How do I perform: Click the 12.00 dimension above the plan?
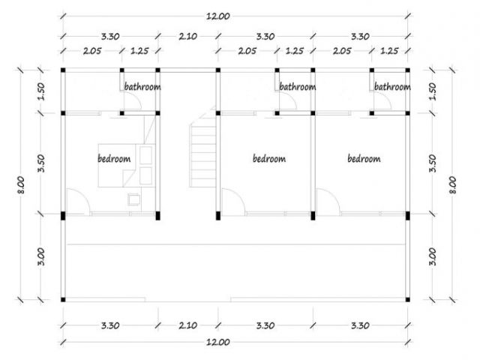[x=218, y=16]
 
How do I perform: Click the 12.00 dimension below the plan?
[x=218, y=342]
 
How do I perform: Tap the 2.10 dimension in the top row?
[x=188, y=37]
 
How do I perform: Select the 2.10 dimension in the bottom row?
[x=188, y=325]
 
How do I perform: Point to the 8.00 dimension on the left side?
[x=21, y=184]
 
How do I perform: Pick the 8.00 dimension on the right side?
[x=453, y=184]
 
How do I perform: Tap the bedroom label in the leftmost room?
[x=114, y=158]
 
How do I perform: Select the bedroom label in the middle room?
[x=269, y=158]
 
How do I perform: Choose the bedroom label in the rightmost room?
[x=364, y=158]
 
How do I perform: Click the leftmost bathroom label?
[x=142, y=87]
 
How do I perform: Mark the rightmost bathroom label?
[x=392, y=87]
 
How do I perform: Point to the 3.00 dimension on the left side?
[x=41, y=256]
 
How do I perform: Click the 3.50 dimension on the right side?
[x=433, y=163]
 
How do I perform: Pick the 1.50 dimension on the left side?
[x=41, y=91]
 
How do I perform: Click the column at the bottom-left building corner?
[x=63, y=300]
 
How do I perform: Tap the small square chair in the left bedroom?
[x=134, y=199]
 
